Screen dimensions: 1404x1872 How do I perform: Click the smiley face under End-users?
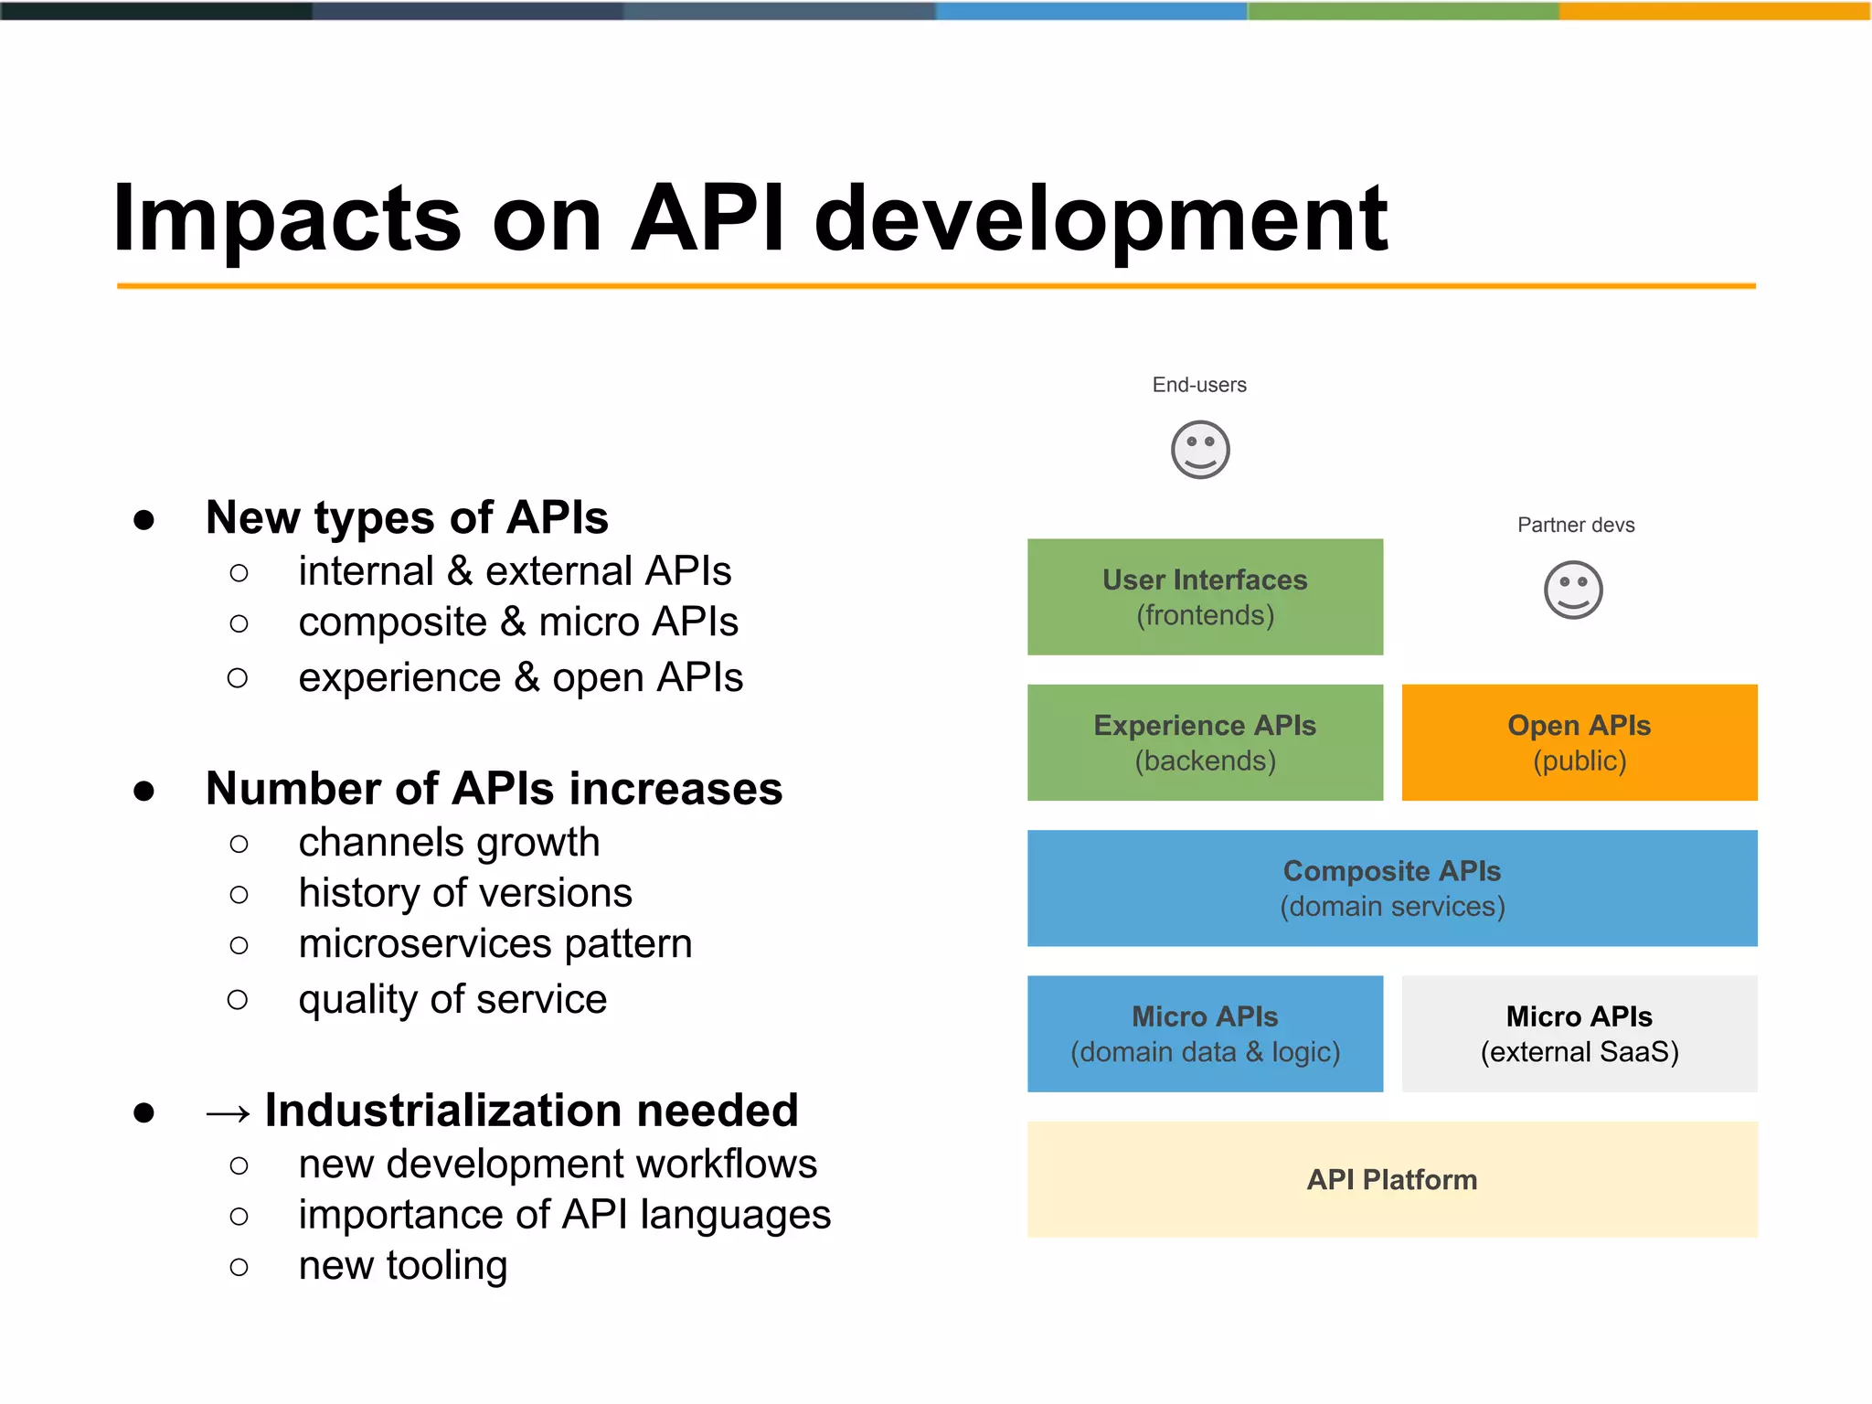[x=1200, y=450]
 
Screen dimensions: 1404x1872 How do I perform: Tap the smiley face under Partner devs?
[x=1573, y=590]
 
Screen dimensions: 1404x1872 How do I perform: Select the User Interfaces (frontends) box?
[x=1205, y=597]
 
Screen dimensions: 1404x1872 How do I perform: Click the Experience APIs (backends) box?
[x=1205, y=742]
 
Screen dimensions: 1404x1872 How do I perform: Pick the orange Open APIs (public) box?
[x=1579, y=742]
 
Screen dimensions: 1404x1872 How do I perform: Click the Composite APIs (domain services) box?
[x=1391, y=888]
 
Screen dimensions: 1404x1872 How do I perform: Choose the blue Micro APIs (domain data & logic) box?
[x=1205, y=1034]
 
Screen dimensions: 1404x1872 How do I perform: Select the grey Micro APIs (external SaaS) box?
[x=1579, y=1034]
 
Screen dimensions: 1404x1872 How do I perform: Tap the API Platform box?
[x=1391, y=1179]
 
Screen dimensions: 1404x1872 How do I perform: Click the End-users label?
[x=1199, y=385]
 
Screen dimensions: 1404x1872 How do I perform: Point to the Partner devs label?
[x=1576, y=525]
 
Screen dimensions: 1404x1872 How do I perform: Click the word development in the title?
[x=1100, y=219]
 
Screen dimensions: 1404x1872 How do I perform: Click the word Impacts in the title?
[x=286, y=219]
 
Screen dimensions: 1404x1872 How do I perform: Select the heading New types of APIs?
[x=407, y=517]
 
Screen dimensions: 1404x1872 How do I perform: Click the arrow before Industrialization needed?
[x=229, y=1112]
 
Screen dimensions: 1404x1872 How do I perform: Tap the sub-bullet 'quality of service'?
[x=452, y=999]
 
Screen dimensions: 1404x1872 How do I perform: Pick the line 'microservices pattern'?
[x=495, y=943]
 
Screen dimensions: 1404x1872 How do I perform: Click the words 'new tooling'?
[x=402, y=1266]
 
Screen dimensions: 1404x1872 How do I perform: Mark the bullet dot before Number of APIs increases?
[x=144, y=791]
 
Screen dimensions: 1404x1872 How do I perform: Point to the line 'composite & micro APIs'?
[x=517, y=622]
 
